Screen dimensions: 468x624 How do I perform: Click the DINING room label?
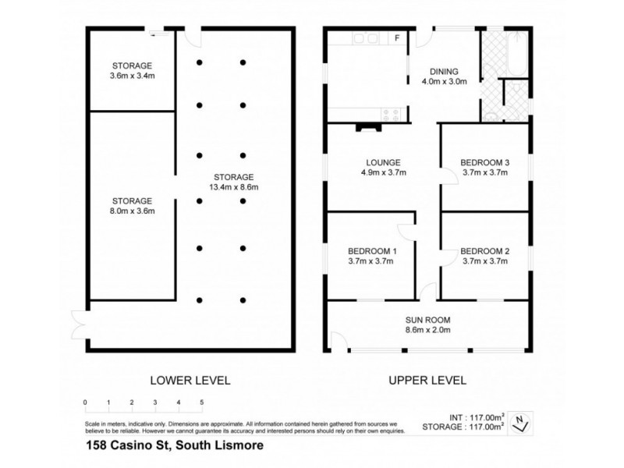point(444,69)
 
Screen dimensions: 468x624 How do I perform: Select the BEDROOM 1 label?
point(373,250)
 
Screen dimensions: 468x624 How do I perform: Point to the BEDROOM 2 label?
point(484,250)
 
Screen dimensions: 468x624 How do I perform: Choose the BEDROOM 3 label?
point(484,162)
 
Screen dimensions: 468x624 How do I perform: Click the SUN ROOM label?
point(427,320)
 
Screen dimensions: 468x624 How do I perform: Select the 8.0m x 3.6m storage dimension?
point(133,211)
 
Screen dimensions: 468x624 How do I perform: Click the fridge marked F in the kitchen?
point(397,37)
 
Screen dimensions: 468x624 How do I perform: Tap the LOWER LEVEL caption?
point(190,380)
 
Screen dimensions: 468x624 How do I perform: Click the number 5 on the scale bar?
point(202,402)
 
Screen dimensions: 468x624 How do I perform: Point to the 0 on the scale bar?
point(85,402)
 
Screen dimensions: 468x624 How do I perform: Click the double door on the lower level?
point(80,321)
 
